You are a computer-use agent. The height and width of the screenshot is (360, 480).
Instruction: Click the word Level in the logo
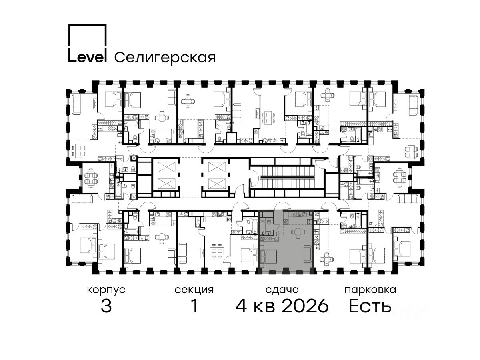click(87, 57)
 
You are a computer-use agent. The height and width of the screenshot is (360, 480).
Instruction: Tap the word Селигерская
click(165, 58)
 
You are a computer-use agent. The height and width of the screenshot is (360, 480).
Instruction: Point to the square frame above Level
click(88, 37)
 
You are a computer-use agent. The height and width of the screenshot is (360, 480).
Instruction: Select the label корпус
click(106, 290)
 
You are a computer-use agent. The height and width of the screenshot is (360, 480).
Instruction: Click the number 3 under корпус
click(106, 306)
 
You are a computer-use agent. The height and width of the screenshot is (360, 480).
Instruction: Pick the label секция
click(194, 290)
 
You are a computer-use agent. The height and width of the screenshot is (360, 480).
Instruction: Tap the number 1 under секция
click(194, 306)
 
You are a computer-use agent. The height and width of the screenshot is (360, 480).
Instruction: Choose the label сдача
click(282, 290)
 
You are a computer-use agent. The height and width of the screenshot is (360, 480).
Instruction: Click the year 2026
click(305, 306)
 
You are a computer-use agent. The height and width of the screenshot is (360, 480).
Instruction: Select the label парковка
click(370, 290)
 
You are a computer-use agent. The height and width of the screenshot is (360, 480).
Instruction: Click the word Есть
click(370, 306)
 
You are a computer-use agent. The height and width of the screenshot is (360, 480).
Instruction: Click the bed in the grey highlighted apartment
click(268, 256)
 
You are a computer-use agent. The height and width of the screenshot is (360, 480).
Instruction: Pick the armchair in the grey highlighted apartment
click(298, 233)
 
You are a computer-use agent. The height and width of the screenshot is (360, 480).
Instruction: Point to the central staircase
click(287, 177)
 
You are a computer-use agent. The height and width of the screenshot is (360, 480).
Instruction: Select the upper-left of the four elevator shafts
click(166, 167)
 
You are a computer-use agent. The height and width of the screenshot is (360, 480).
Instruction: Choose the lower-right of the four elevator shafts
click(217, 184)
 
